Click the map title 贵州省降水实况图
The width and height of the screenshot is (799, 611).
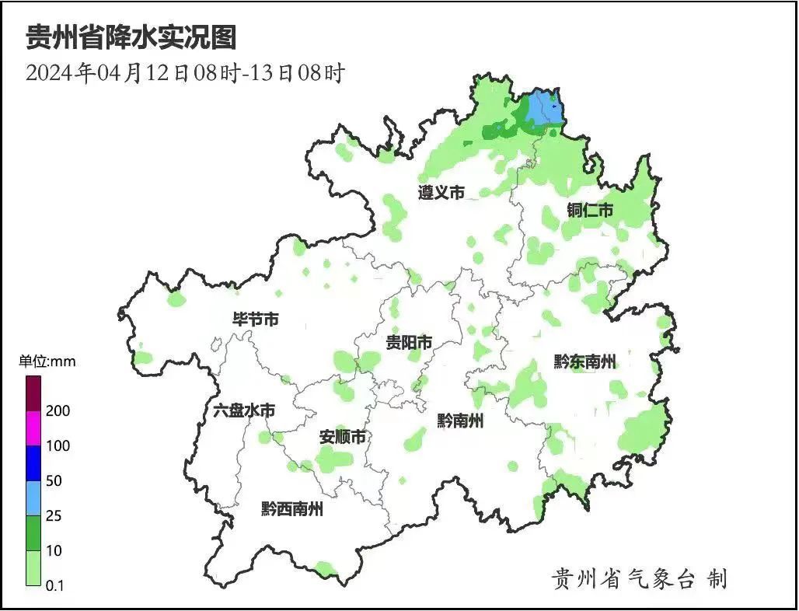[131, 37]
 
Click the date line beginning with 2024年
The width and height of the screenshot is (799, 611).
[185, 73]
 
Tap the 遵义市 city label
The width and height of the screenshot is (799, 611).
[441, 193]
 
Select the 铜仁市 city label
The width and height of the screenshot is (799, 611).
[590, 210]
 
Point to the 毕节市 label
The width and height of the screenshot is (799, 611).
[256, 319]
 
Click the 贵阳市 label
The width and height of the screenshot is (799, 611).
[410, 343]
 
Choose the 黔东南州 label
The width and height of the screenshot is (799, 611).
[584, 361]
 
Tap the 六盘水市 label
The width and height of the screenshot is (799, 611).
[243, 410]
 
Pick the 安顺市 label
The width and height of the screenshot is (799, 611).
[342, 438]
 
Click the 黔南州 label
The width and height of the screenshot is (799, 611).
[460, 421]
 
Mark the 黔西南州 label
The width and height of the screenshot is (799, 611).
[291, 510]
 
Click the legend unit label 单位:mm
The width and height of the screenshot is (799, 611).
[47, 361]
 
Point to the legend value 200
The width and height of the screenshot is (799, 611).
[58, 410]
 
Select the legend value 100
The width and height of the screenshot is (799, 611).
[58, 446]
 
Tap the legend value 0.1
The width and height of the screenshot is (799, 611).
[55, 585]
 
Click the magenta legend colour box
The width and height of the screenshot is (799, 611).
[33, 428]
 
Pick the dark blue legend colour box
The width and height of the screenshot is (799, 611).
[33, 463]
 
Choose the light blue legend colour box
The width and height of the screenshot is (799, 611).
[33, 498]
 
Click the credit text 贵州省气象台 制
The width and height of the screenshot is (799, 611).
[639, 578]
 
